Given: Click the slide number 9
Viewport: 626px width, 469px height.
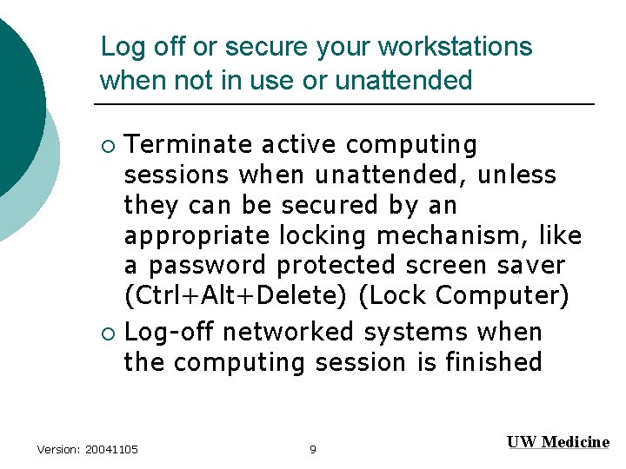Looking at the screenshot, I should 313,449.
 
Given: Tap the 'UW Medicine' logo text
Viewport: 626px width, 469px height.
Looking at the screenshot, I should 557,442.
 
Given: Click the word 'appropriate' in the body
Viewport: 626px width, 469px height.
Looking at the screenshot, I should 198,235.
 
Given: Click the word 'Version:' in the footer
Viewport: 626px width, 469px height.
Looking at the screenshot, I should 58,449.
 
